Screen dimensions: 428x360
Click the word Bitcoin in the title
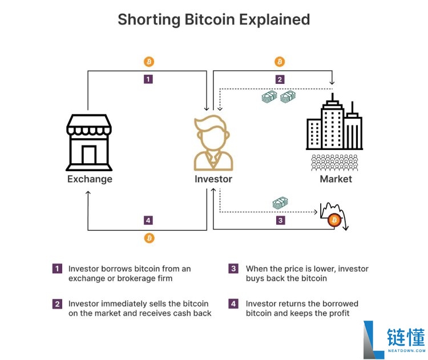point(209,19)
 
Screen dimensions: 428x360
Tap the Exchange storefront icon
point(89,143)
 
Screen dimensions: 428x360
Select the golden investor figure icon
point(213,143)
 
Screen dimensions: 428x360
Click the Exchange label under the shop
point(90,179)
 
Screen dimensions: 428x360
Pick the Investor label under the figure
point(213,179)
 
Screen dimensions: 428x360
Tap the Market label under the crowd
point(336,179)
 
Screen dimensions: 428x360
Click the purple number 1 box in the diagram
point(148,79)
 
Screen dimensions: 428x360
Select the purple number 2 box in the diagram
point(280,79)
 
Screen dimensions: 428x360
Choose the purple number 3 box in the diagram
point(281,220)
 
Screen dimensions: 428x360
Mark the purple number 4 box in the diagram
point(148,220)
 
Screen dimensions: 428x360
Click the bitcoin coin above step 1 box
point(149,62)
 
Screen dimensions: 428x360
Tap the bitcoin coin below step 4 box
point(150,238)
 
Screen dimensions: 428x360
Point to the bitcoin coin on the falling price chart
point(334,220)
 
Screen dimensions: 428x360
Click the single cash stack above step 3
point(280,203)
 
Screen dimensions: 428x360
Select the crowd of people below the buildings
point(334,163)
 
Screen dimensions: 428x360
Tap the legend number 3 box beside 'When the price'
point(233,269)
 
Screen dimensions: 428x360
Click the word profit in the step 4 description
point(340,313)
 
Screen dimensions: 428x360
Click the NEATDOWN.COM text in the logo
point(406,351)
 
